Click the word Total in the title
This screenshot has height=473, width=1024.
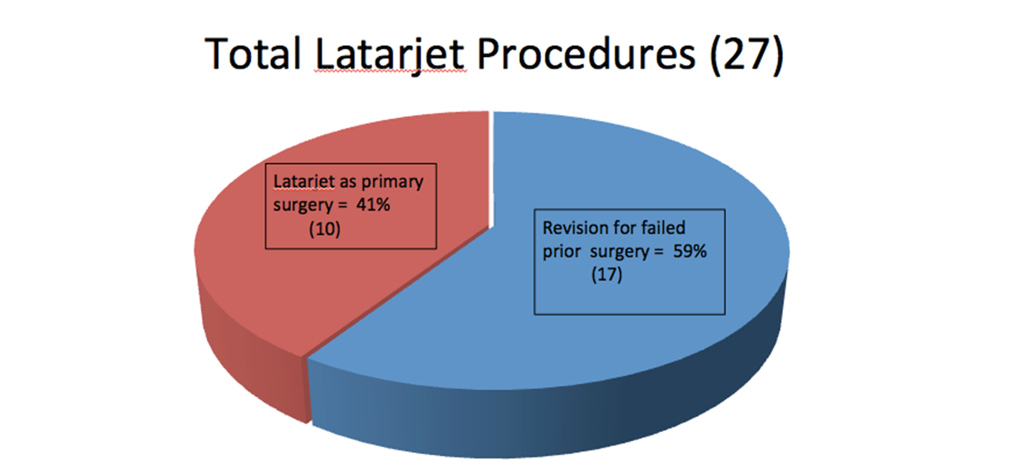pyautogui.click(x=253, y=54)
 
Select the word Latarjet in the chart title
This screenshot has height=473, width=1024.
pyautogui.click(x=390, y=55)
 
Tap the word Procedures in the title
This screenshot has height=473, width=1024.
pyautogui.click(x=585, y=54)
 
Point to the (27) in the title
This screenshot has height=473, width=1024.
pyautogui.click(x=747, y=55)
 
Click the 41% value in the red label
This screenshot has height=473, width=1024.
pyautogui.click(x=373, y=205)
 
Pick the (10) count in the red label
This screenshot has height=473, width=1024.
pyautogui.click(x=325, y=228)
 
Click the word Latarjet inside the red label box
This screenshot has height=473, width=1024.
pyautogui.click(x=303, y=182)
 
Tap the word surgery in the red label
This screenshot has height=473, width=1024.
pyautogui.click(x=303, y=206)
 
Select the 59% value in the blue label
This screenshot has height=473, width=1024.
pyautogui.click(x=689, y=251)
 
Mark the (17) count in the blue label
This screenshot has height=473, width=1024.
pyautogui.click(x=607, y=275)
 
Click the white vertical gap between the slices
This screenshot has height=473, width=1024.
pyautogui.click(x=491, y=169)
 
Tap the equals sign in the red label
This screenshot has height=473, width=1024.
pyautogui.click(x=343, y=205)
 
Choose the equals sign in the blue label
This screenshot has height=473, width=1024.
pyautogui.click(x=658, y=252)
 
